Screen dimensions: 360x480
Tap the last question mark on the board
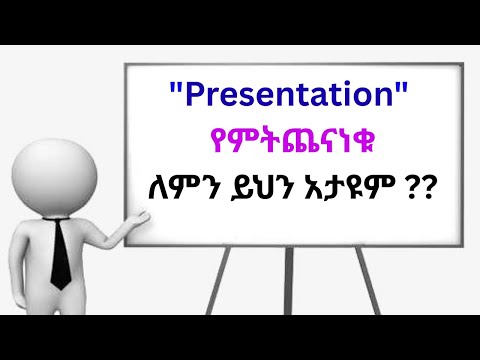(x=438, y=189)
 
